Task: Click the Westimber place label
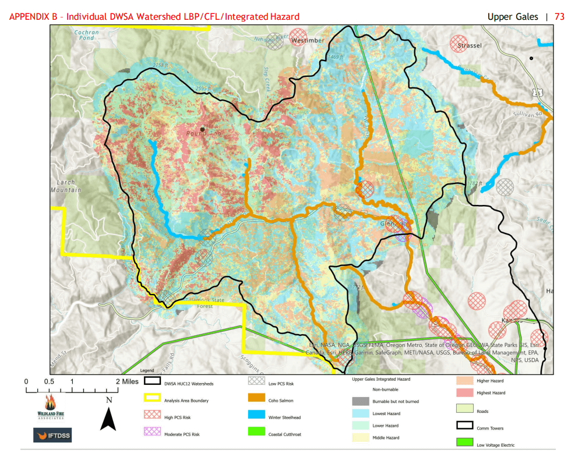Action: click(x=308, y=40)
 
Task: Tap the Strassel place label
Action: click(x=470, y=45)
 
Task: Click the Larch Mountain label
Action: click(x=66, y=186)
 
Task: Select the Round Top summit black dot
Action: click(x=202, y=129)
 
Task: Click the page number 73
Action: click(x=559, y=16)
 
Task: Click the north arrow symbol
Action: click(x=108, y=414)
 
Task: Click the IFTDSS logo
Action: click(x=52, y=435)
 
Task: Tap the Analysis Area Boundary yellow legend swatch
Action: click(x=152, y=400)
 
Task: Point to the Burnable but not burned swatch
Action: click(x=360, y=401)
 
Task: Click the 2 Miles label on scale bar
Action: click(x=127, y=381)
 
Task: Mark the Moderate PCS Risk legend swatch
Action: click(x=152, y=433)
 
